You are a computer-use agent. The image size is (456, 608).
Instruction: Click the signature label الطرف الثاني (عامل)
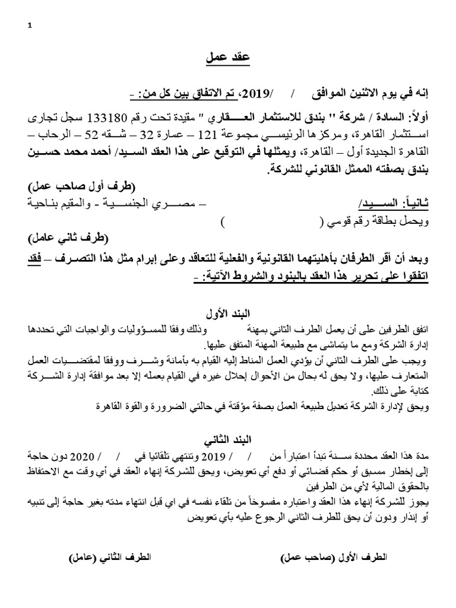(110, 558)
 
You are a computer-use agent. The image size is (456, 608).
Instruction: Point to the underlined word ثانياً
(413, 204)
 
